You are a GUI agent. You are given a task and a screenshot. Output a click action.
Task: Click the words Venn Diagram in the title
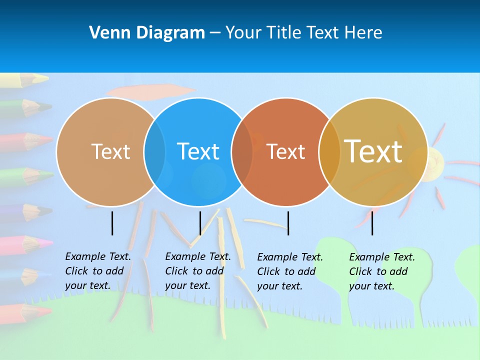pyautogui.click(x=147, y=33)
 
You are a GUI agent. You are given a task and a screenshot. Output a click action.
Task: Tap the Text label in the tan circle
pyautogui.click(x=110, y=151)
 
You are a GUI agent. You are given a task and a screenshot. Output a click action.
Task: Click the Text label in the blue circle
pyautogui.click(x=198, y=151)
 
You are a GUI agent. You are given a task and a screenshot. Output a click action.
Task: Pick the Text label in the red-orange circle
pyautogui.click(x=285, y=151)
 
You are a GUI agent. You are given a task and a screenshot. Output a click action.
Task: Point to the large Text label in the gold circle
pyautogui.click(x=373, y=151)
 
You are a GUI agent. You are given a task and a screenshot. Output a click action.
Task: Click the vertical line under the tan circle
pyautogui.click(x=112, y=223)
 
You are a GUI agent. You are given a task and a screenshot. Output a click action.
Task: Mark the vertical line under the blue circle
pyautogui.click(x=200, y=223)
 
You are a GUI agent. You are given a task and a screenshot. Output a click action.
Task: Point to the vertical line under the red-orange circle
pyautogui.click(x=288, y=223)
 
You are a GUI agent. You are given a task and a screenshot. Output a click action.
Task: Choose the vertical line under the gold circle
pyautogui.click(x=372, y=223)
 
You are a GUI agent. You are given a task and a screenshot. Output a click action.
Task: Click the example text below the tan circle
pyautogui.click(x=98, y=271)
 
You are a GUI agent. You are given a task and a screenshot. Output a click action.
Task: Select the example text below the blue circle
pyautogui.click(x=198, y=271)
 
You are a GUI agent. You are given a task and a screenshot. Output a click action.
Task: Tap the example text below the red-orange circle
pyautogui.click(x=290, y=271)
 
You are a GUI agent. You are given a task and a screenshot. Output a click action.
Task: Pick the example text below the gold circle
pyautogui.click(x=382, y=271)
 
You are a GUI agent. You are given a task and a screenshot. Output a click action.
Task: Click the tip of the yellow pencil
pyautogui.click(x=46, y=78)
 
